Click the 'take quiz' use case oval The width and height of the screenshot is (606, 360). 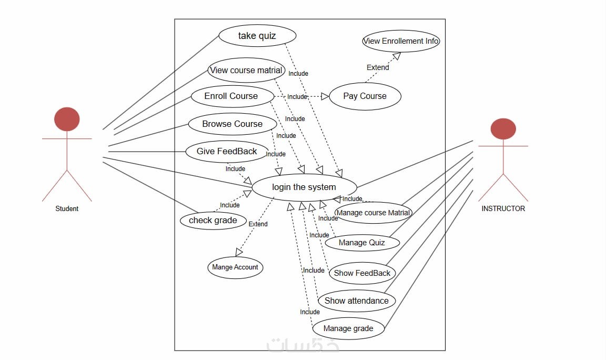(x=257, y=36)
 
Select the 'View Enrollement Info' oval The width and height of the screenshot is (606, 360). (x=401, y=41)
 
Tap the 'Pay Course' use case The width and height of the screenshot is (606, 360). (x=365, y=96)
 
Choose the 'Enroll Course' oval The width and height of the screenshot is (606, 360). (x=231, y=96)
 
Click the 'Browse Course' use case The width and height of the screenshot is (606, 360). (x=232, y=124)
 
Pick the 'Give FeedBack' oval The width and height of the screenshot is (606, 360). (x=227, y=152)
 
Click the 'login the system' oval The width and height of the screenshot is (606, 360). (x=304, y=187)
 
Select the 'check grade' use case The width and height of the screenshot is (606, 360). (x=213, y=221)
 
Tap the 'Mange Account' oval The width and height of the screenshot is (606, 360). (x=235, y=267)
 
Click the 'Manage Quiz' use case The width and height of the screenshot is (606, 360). (x=362, y=243)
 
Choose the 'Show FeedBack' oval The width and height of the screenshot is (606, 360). (x=362, y=273)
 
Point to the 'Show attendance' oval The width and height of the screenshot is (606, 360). (x=357, y=301)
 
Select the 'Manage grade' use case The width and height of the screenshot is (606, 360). (x=348, y=329)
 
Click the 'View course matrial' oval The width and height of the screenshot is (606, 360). (x=246, y=71)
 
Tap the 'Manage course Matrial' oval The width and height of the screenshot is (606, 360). (x=373, y=213)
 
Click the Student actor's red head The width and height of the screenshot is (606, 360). (x=67, y=119)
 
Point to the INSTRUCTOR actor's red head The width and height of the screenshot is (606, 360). (x=503, y=129)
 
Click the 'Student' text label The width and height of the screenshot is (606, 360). (x=67, y=209)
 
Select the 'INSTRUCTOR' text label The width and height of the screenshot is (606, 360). (x=503, y=209)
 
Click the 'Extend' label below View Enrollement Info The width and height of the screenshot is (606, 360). (x=378, y=67)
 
